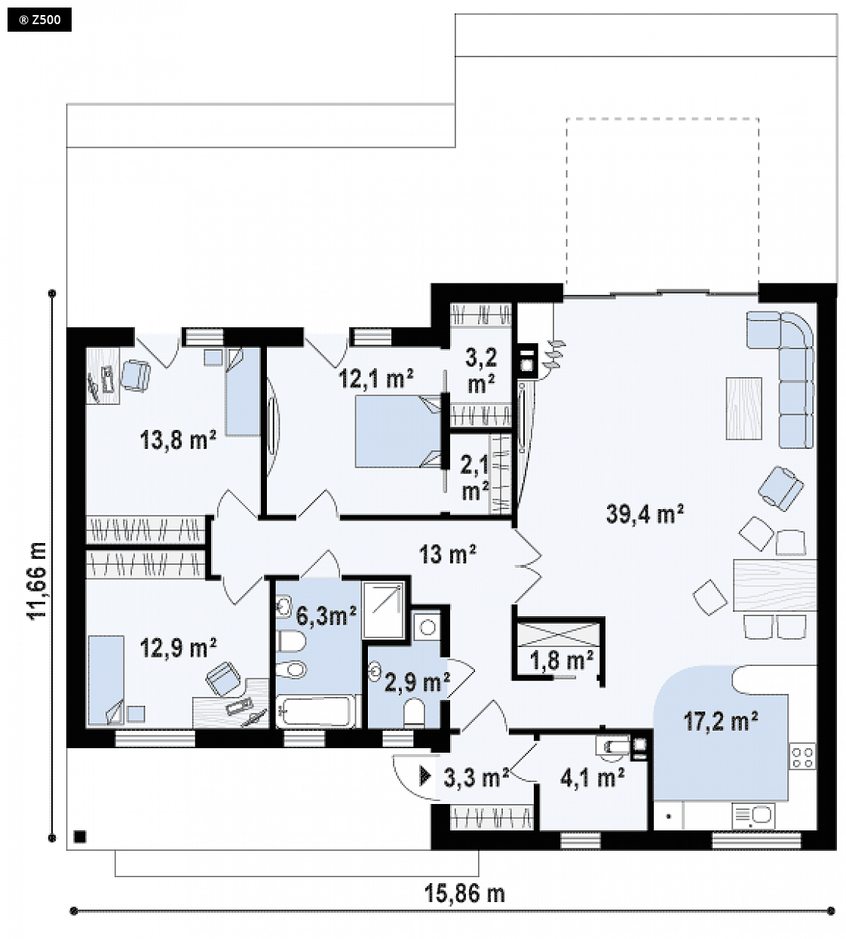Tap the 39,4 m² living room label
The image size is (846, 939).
645,514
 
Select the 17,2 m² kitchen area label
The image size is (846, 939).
721,721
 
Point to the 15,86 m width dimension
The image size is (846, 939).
464,894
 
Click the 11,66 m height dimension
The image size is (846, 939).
38,581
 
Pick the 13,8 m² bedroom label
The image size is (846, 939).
178,440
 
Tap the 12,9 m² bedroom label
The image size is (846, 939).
178,649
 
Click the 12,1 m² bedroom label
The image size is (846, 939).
376,378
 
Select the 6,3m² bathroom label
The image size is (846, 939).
326,615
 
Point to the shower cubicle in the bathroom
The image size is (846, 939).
384,610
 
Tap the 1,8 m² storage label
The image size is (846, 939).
561,661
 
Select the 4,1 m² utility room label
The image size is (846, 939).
592,779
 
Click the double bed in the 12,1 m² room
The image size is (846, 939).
398,431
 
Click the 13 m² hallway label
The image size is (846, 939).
448,556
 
